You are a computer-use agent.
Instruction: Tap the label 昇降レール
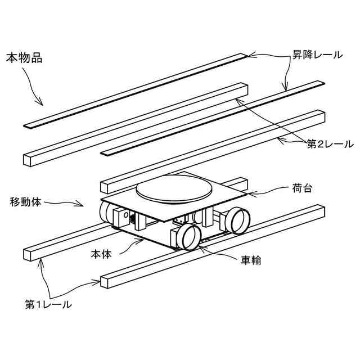pyautogui.click(x=316, y=55)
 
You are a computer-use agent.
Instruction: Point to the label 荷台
pyautogui.click(x=302, y=188)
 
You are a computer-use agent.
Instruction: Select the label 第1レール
pyautogui.click(x=48, y=305)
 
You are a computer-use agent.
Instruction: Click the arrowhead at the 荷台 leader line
pyautogui.click(x=247, y=195)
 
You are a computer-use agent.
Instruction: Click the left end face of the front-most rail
pyautogui.click(x=105, y=282)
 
